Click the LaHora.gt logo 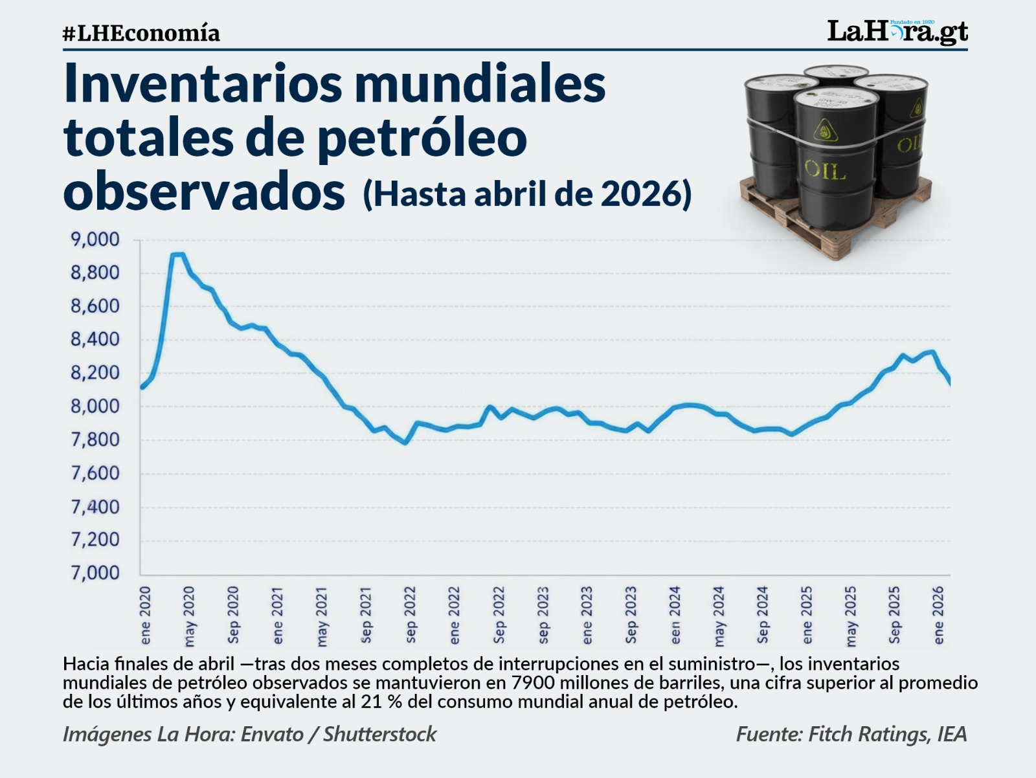pos(897,32)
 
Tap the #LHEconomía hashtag pos(141,34)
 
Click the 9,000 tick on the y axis pos(95,239)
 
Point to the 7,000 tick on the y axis pos(95,573)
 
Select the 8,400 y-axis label pos(95,339)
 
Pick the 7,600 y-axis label pos(95,472)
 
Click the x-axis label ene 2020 pos(146,616)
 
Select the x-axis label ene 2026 pos(939,616)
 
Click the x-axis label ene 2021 pos(278,616)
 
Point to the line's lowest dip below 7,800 pos(405,443)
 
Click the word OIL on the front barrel pos(824,170)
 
